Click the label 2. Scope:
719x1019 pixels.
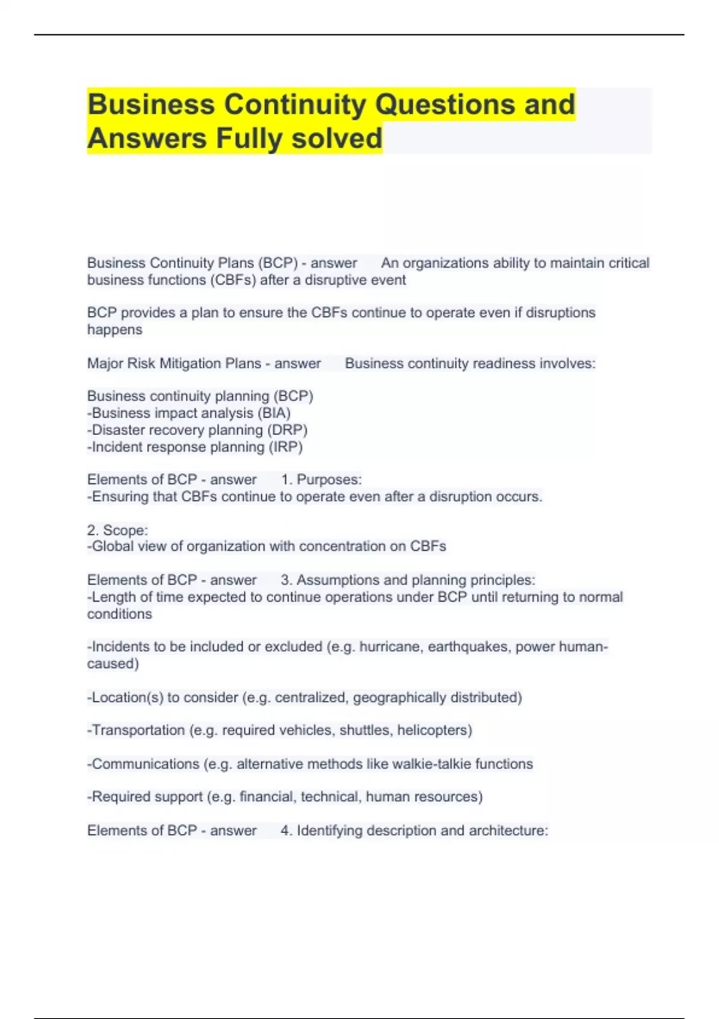click(117, 530)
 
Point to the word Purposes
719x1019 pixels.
click(329, 480)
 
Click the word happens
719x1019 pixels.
click(114, 330)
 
